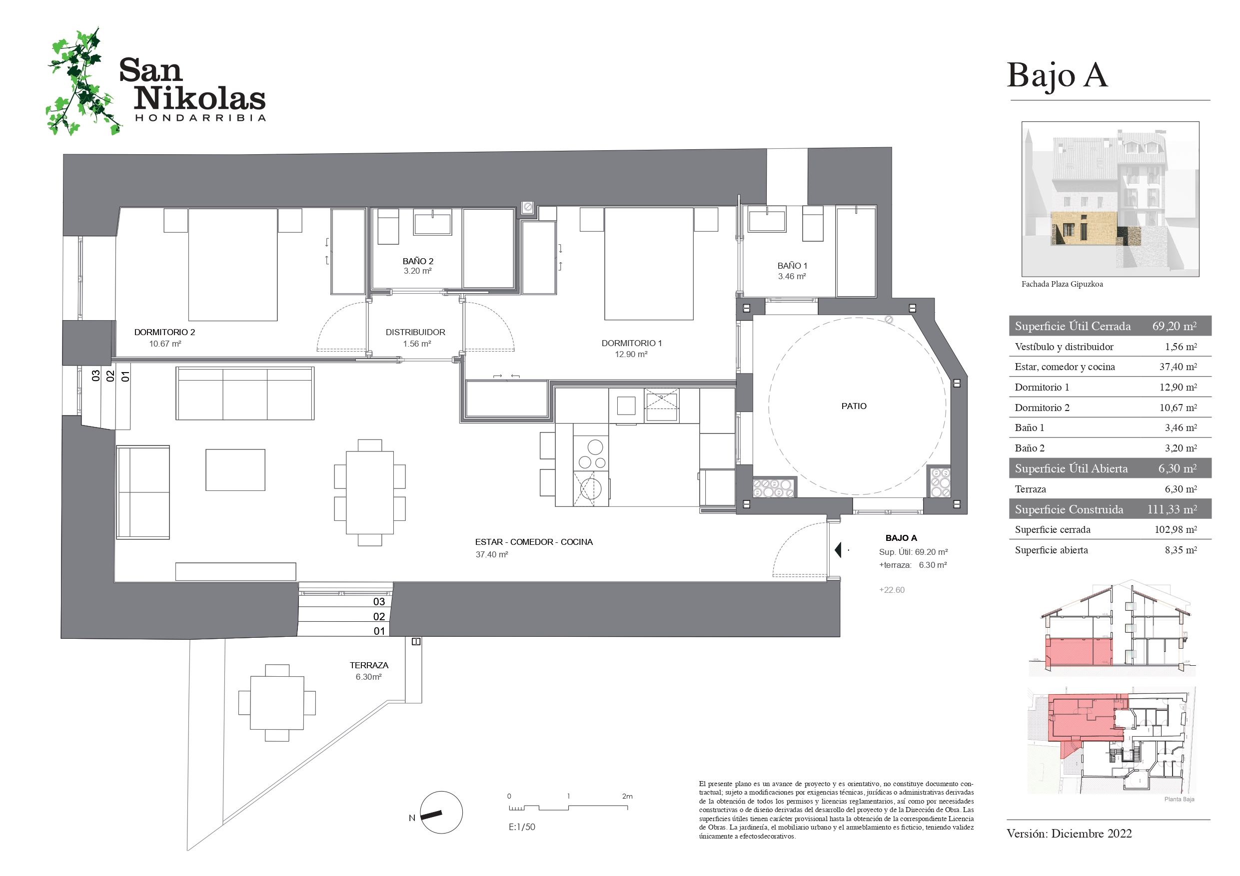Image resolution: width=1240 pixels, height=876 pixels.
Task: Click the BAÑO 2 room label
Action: coord(417,261)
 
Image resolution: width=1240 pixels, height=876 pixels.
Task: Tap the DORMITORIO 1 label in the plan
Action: coord(631,343)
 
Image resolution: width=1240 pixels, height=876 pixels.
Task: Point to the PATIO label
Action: coord(854,407)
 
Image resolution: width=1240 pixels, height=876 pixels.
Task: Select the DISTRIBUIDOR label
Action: coord(415,333)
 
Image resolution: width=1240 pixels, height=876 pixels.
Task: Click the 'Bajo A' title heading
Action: coord(1057,75)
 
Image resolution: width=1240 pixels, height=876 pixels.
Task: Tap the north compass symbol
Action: coord(441,812)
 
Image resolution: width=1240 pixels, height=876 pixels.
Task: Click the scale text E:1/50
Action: coord(522,827)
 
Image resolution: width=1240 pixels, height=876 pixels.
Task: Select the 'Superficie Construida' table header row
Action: coord(1110,509)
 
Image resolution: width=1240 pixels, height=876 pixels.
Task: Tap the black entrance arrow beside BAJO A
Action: coord(838,550)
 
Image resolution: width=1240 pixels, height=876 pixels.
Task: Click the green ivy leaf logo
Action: coord(82,82)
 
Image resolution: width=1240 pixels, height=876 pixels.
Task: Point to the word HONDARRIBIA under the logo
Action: coord(200,118)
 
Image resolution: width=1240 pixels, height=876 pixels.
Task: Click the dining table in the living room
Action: coord(369,492)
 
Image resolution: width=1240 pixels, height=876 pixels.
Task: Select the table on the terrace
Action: coord(277,703)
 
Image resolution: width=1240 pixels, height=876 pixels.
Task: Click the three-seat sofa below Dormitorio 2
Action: coord(245,394)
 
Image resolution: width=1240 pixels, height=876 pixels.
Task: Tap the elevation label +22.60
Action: coord(892,590)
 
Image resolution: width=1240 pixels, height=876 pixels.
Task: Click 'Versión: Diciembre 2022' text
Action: coord(1070,834)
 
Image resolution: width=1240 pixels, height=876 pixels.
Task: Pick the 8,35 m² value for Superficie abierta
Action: coord(1181,550)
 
